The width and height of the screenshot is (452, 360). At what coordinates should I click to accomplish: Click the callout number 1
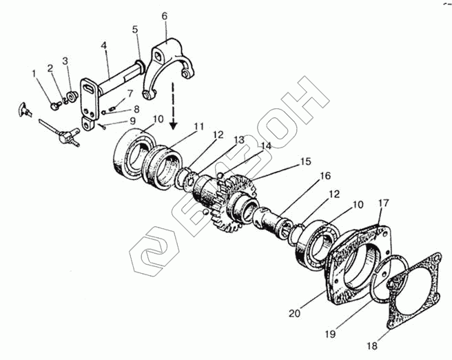(x=33, y=73)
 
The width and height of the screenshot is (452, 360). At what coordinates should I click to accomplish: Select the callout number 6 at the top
(x=164, y=15)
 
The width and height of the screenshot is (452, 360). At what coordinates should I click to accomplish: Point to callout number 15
(x=305, y=163)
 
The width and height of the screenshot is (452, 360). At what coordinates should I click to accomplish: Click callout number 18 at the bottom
(x=372, y=347)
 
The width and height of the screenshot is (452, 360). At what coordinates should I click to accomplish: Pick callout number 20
(x=294, y=313)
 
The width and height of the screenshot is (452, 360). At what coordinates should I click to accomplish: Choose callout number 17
(x=384, y=204)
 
